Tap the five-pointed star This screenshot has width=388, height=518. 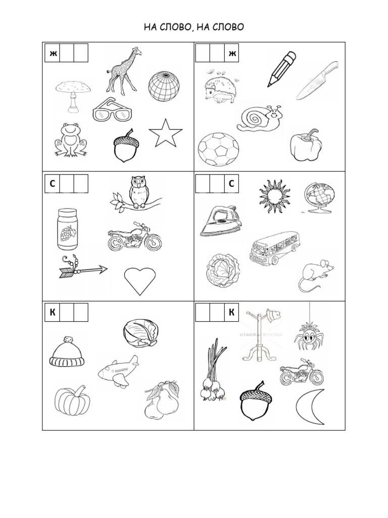[166, 133]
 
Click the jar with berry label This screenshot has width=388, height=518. [67, 230]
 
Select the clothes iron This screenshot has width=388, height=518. [219, 222]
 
